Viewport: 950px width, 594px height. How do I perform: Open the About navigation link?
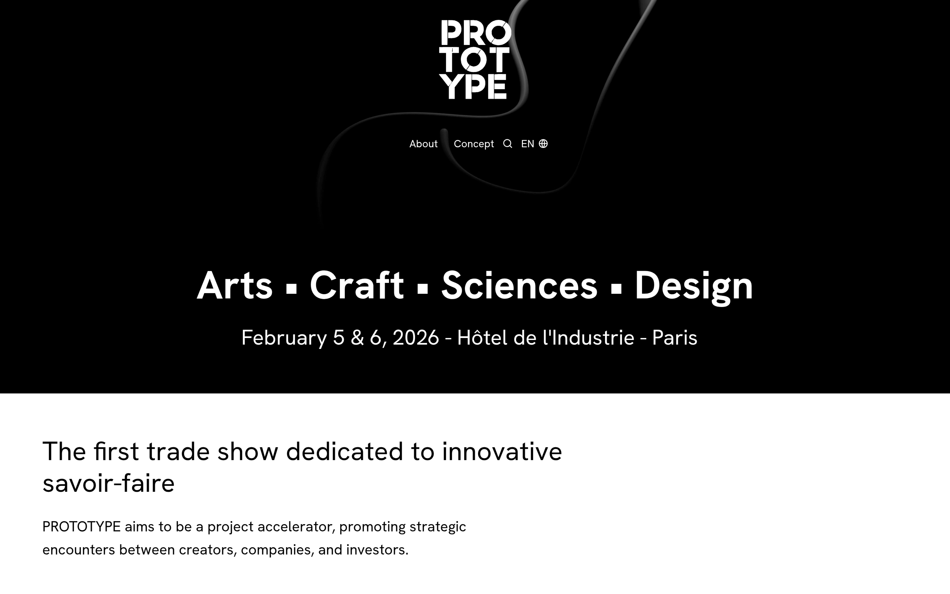click(x=423, y=144)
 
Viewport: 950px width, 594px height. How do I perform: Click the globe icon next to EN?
click(x=543, y=144)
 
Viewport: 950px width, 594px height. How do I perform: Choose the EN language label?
click(x=528, y=144)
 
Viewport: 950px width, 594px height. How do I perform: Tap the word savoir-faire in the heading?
click(x=108, y=483)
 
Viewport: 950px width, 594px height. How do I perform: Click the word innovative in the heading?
click(x=502, y=451)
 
